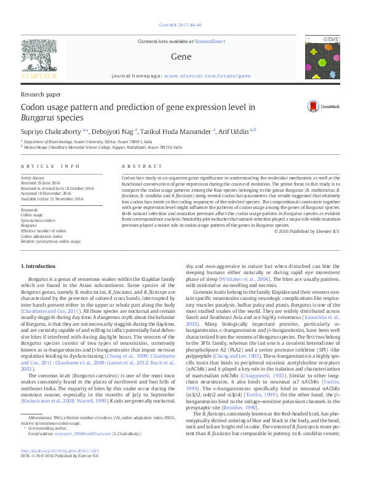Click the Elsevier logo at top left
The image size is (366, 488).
tap(41, 58)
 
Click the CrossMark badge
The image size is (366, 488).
tap(324, 106)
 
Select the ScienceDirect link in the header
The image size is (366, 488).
tap(210, 41)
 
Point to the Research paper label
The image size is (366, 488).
tap(41, 95)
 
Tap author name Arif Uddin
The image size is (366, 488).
tap(233, 130)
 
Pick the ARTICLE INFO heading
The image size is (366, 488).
tap(50, 167)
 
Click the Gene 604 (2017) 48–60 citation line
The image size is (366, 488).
tap(183, 25)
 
